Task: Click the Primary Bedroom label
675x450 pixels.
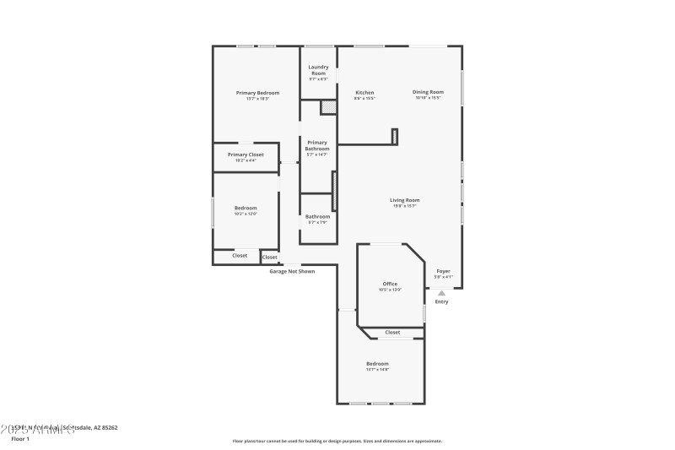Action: (x=257, y=93)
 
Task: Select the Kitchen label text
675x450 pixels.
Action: (x=364, y=92)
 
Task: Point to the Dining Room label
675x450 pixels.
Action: (x=428, y=92)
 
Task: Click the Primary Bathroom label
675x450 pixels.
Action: (x=317, y=145)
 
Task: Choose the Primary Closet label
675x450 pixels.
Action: (x=246, y=155)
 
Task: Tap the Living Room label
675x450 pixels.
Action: (x=405, y=200)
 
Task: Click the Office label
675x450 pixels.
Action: (x=390, y=284)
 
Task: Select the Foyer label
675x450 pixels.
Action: (x=443, y=271)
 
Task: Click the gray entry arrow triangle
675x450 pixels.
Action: (x=441, y=293)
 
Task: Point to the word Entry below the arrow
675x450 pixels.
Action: (x=441, y=302)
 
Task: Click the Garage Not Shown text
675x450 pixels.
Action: (x=292, y=271)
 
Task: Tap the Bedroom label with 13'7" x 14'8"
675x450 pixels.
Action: (x=377, y=363)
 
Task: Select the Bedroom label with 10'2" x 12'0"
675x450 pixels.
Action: (x=246, y=208)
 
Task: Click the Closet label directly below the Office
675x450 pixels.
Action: (x=392, y=333)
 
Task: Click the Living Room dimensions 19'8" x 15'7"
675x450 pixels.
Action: (x=405, y=206)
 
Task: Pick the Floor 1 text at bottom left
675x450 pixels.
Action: (x=20, y=439)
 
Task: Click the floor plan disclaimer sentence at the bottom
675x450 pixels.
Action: (x=337, y=441)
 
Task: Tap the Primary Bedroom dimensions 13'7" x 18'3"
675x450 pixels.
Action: (x=257, y=99)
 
